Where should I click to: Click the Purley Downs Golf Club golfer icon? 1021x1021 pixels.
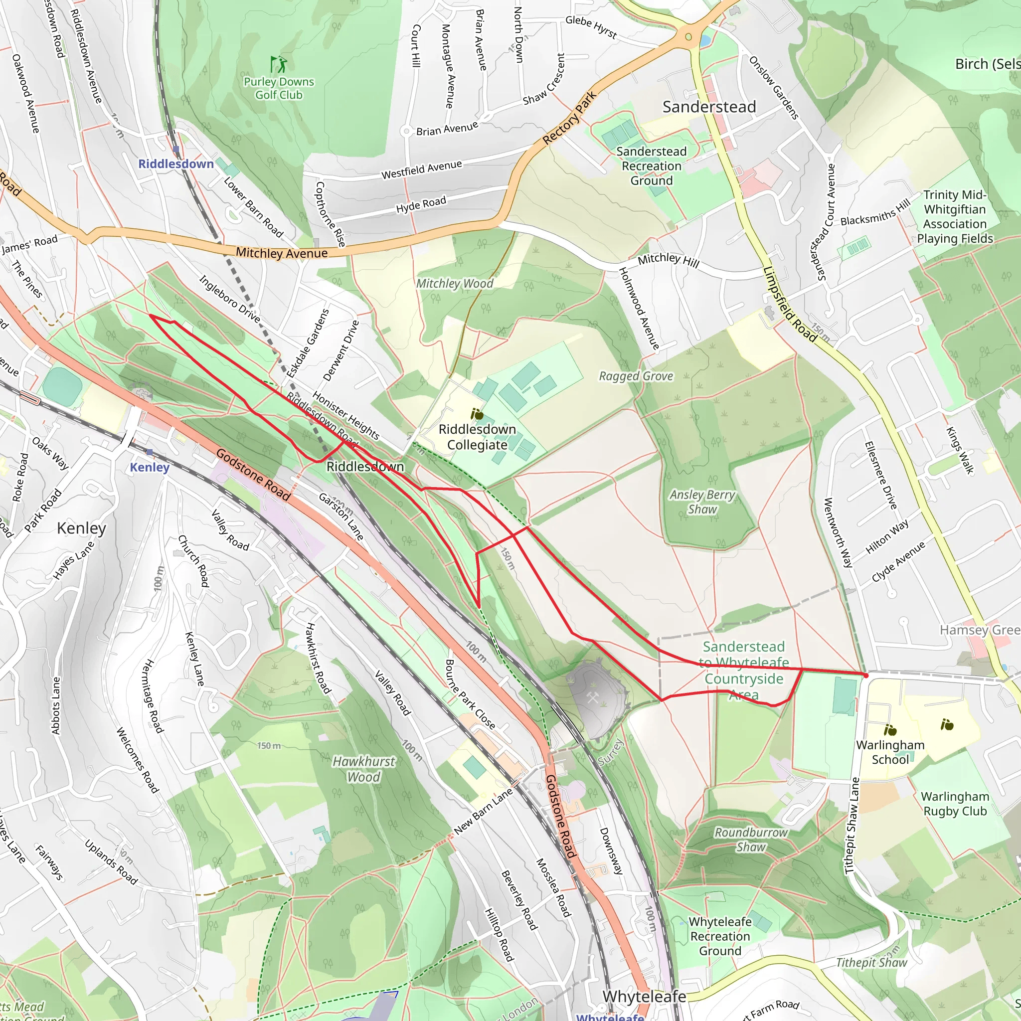tap(279, 64)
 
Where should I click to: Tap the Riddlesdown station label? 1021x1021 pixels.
tap(175, 164)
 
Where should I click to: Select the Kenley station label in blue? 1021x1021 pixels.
tap(150, 467)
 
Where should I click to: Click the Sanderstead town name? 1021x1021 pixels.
tap(709, 107)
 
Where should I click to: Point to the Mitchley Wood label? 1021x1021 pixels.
tap(455, 284)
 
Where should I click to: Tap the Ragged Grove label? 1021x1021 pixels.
tap(636, 376)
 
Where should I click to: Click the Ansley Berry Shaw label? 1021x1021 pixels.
tap(702, 502)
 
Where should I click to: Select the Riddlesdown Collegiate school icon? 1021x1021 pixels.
tap(477, 414)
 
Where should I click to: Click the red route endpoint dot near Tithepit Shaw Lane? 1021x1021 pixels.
tap(865, 676)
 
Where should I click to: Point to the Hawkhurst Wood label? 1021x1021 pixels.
tap(363, 769)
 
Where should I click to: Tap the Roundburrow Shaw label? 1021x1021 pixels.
tap(751, 840)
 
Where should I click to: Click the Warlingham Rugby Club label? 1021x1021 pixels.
tap(954, 804)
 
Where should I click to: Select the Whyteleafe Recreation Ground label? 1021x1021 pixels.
tap(720, 936)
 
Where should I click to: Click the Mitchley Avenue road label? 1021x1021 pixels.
tap(281, 253)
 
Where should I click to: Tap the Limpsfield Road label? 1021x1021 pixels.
tap(790, 304)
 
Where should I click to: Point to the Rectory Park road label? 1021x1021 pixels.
tap(570, 118)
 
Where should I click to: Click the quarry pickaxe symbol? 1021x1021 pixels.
tap(592, 698)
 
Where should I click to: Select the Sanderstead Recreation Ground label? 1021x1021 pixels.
tap(651, 166)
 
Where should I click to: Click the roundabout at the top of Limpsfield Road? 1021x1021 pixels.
tap(688, 36)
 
